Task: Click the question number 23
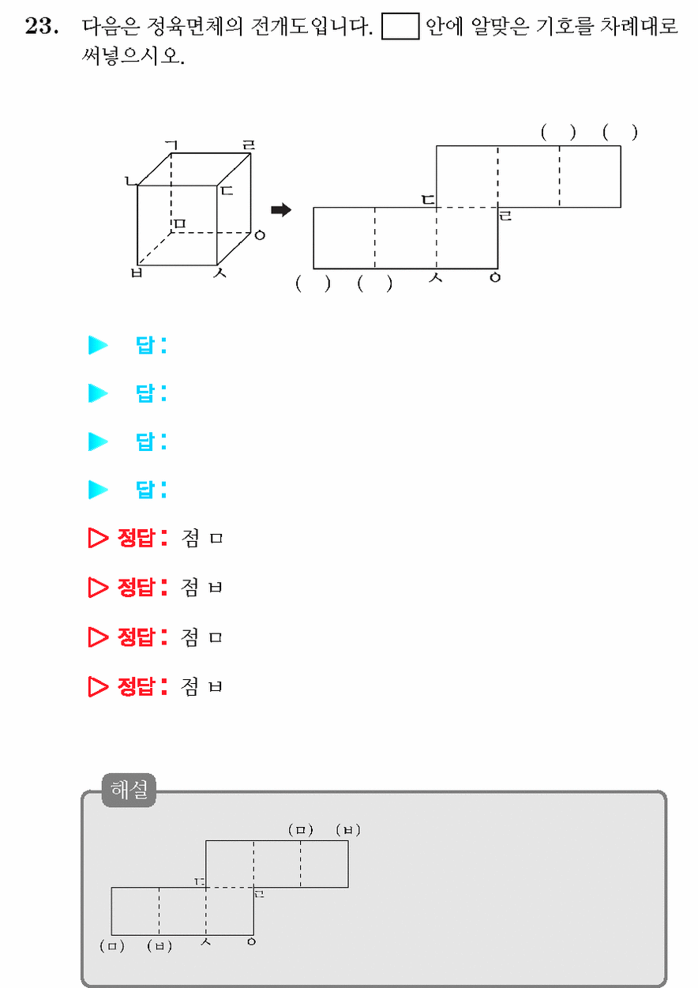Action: pos(41,26)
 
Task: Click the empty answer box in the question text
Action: pos(400,27)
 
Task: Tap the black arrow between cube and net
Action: pos(281,210)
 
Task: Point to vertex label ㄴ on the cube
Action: pos(131,181)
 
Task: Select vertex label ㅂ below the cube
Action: pos(137,273)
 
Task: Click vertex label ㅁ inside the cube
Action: pos(180,224)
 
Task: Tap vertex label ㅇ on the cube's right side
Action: pos(260,235)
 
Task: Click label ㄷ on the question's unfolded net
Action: pos(429,200)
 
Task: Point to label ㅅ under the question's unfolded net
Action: pos(436,277)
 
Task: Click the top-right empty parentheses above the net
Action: pos(620,132)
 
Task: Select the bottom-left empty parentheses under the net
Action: pos(313,284)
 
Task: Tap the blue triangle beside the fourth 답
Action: pos(98,490)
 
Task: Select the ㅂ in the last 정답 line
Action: pos(216,687)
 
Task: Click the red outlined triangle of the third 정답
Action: pos(98,637)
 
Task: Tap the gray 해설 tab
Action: pos(129,790)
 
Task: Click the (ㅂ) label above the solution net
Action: pos(348,830)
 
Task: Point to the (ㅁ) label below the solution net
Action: pos(112,945)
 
